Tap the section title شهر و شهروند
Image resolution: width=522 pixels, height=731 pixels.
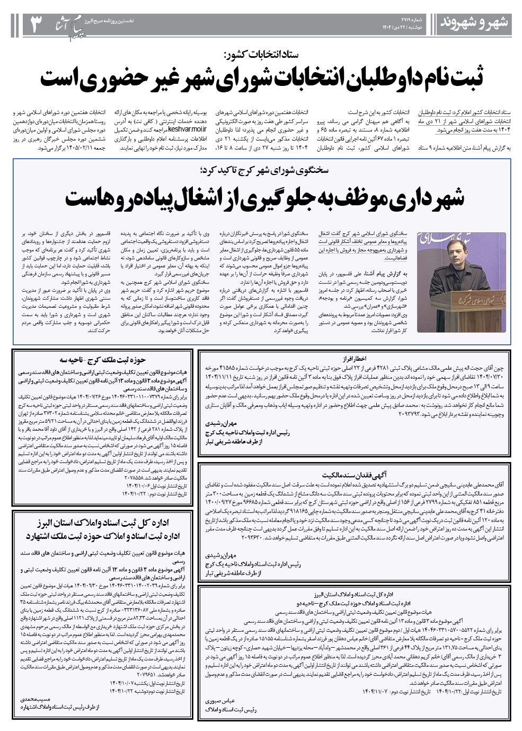[x=475, y=23]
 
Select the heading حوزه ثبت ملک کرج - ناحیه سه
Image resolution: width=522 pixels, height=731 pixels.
[x=101, y=360]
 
